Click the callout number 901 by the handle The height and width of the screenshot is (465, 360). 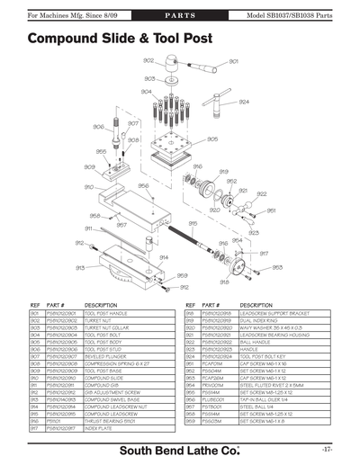pos(233,62)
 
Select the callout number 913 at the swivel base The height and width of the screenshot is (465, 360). pos(80,267)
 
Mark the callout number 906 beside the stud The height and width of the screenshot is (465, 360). pos(98,127)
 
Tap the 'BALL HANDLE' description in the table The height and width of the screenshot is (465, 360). pos(256,342)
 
